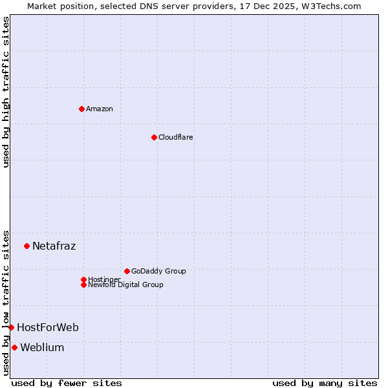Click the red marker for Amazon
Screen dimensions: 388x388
pos(81,109)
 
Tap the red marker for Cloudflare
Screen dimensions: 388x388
pos(154,137)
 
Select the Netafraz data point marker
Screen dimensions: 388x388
pos(27,246)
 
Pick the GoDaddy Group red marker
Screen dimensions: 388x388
pos(127,271)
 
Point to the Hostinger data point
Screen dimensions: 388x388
pos(83,279)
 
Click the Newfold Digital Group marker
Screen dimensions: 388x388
pos(83,285)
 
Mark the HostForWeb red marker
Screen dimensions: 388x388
pos(11,327)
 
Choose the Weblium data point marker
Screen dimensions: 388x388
pos(14,347)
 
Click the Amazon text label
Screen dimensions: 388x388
pos(99,109)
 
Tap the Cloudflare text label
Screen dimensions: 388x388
pos(175,137)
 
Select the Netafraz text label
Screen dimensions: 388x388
pos(54,246)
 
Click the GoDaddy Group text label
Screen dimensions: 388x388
pos(158,271)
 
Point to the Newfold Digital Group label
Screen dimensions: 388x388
pos(125,285)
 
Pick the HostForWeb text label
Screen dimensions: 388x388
pos(47,327)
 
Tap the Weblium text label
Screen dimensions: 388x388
pos(42,347)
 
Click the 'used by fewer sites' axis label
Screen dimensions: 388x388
pos(67,383)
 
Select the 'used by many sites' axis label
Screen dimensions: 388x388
pos(325,383)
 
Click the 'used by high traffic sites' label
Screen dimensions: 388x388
pos(6,92)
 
